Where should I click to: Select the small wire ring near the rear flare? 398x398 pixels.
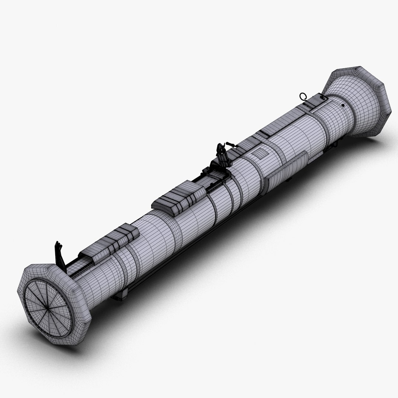tap(303, 97)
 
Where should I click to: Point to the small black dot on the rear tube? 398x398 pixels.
tap(343, 105)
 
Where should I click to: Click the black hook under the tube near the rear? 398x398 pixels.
tap(336, 146)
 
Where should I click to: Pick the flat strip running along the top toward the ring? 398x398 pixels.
tap(280, 122)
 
